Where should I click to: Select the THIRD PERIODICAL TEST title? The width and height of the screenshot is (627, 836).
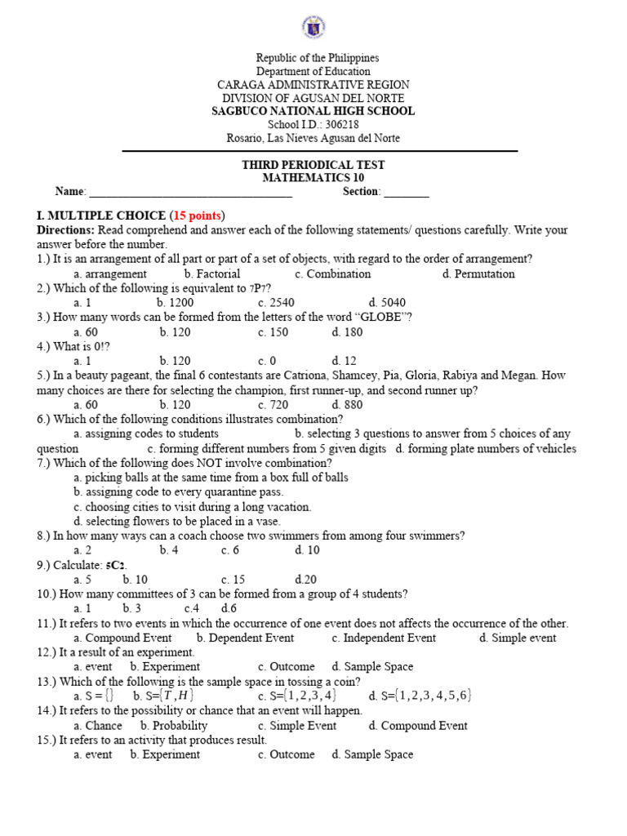pyautogui.click(x=313, y=165)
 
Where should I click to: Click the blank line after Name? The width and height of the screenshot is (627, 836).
pyautogui.click(x=190, y=193)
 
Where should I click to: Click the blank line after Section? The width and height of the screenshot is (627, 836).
pyautogui.click(x=406, y=193)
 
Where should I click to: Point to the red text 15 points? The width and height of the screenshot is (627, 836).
pyautogui.click(x=196, y=216)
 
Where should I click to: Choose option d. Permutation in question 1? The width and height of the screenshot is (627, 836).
pyautogui.click(x=478, y=274)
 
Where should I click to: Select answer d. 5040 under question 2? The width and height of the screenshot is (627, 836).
pyautogui.click(x=387, y=303)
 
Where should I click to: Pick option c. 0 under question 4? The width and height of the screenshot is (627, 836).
pyautogui.click(x=267, y=361)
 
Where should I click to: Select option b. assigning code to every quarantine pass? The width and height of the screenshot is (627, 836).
pyautogui.click(x=178, y=492)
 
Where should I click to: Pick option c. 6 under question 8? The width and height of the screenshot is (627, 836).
pyautogui.click(x=229, y=550)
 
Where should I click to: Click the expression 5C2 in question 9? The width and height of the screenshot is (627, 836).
pyautogui.click(x=115, y=565)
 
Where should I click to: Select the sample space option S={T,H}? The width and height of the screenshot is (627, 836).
pyautogui.click(x=161, y=696)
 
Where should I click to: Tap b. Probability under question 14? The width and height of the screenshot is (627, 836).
pyautogui.click(x=174, y=726)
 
